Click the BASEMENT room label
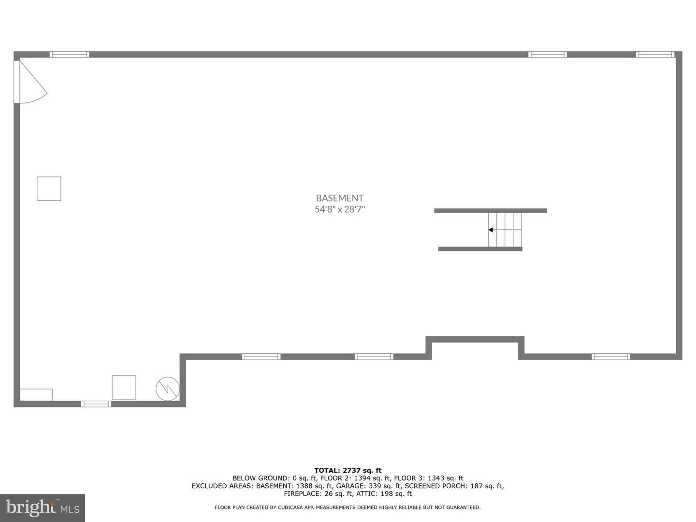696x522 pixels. [340, 198]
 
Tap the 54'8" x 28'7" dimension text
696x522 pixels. [340, 209]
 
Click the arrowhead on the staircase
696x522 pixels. [491, 230]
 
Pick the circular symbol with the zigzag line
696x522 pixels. [168, 389]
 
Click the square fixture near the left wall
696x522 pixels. [49, 188]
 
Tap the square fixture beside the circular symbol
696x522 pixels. [124, 387]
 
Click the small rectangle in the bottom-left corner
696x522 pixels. [36, 395]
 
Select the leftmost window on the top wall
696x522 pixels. [70, 55]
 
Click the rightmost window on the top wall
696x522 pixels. [655, 55]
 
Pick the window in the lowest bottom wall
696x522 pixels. [96, 404]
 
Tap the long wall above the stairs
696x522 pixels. [491, 210]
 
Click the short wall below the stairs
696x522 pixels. [480, 249]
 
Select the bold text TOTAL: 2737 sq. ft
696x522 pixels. [348, 470]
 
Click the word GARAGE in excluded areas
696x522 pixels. [349, 486]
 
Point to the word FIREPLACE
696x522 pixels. [303, 493]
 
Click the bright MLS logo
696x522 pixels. [43, 507]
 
